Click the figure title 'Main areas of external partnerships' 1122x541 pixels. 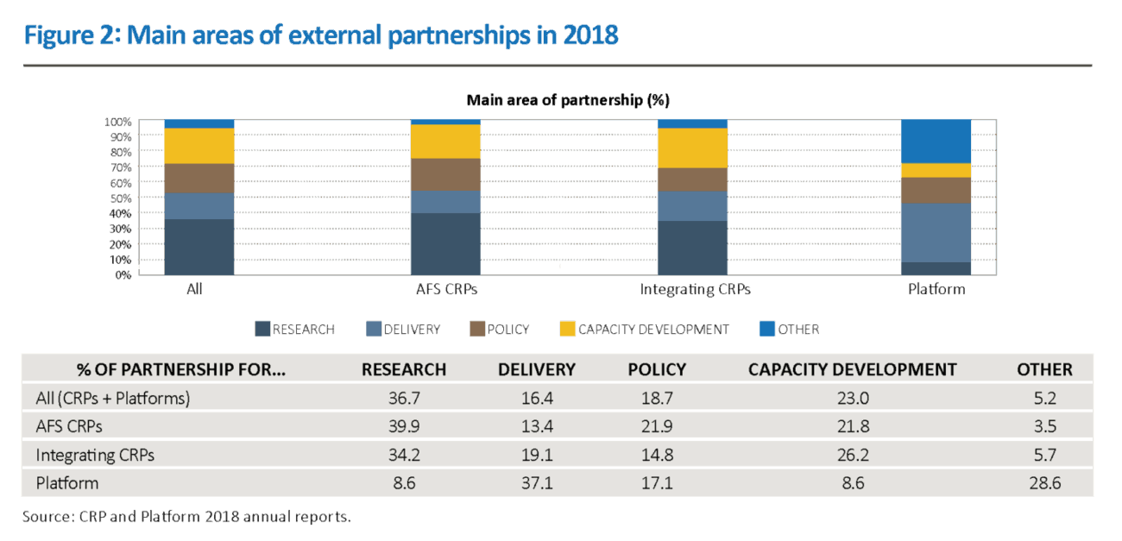pyautogui.click(x=320, y=36)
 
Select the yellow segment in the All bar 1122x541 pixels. pyautogui.click(x=199, y=146)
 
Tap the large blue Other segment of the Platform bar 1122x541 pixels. pyautogui.click(x=936, y=141)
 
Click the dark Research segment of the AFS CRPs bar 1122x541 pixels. pyautogui.click(x=445, y=244)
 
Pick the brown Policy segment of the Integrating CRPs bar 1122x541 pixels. pyautogui.click(x=692, y=179)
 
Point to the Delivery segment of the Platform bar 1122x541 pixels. pyautogui.click(x=936, y=233)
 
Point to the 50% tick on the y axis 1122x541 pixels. pyautogui.click(x=119, y=198)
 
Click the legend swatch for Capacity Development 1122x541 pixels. pyautogui.click(x=567, y=330)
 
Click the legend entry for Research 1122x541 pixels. pyautogui.click(x=294, y=330)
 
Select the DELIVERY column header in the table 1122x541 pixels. pyautogui.click(x=536, y=369)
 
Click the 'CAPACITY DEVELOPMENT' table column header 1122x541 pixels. pyautogui.click(x=852, y=369)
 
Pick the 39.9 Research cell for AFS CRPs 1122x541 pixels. pyautogui.click(x=404, y=427)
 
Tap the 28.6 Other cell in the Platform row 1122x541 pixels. pyautogui.click(x=1044, y=483)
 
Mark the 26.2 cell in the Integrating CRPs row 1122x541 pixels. pyautogui.click(x=852, y=455)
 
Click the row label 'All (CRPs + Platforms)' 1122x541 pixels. pyautogui.click(x=112, y=399)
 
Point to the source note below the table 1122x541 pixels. pyautogui.click(x=186, y=517)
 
